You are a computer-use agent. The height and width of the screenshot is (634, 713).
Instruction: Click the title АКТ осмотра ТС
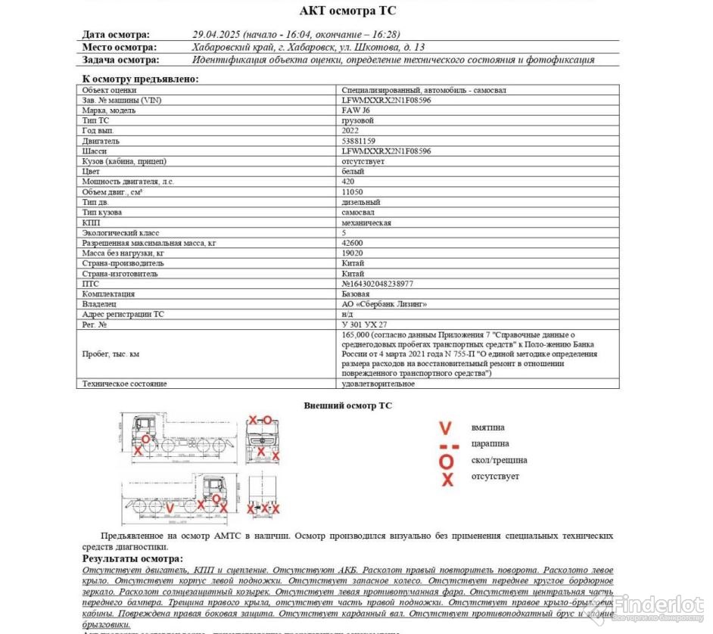pos(347,11)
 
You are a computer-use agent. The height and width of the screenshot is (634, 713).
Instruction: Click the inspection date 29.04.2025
pos(216,34)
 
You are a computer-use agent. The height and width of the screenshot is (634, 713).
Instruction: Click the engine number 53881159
pos(359,141)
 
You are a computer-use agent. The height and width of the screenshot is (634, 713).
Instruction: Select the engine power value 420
pos(348,182)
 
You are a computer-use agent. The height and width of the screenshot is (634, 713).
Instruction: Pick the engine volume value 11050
pos(352,192)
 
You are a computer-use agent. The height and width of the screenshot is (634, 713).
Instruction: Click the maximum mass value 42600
pos(352,243)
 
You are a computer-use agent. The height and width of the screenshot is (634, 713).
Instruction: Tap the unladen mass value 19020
pos(352,253)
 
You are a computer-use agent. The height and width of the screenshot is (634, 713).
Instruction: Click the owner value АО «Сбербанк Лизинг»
pos(384,304)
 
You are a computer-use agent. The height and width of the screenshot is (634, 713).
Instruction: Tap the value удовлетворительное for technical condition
pos(378,384)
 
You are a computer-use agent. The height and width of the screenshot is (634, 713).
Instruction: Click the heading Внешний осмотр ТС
pos(347,406)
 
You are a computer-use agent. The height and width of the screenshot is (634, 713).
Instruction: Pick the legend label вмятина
pos(487,427)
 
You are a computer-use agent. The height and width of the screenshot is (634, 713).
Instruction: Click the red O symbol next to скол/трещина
pos(447,461)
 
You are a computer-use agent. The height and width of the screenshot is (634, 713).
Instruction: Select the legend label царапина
pos(490,443)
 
